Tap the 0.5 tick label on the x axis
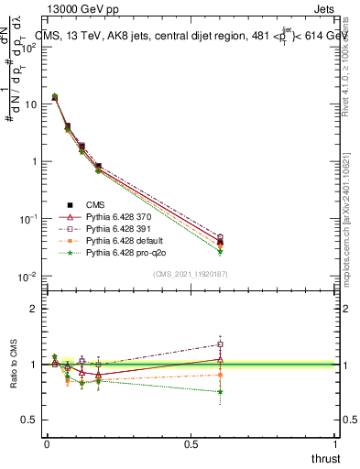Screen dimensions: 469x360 191,444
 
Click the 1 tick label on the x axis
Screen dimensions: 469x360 335,444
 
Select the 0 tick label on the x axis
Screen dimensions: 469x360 47,444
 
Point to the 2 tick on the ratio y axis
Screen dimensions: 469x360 34,309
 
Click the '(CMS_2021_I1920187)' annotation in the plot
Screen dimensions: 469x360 191,273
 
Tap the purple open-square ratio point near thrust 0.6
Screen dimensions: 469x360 219,344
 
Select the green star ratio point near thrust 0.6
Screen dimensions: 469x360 219,392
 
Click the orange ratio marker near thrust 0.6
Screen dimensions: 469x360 219,375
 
